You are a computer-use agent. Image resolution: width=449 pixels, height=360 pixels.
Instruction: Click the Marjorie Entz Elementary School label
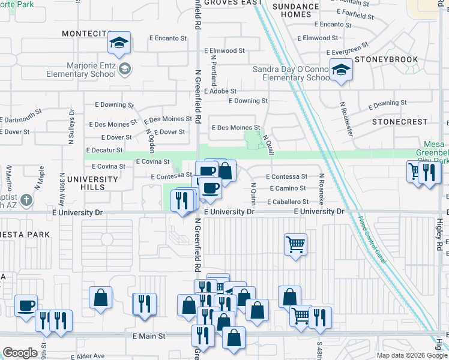pyautogui.click(x=82, y=70)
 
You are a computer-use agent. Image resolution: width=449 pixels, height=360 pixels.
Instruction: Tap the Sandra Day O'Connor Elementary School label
pyautogui.click(x=291, y=73)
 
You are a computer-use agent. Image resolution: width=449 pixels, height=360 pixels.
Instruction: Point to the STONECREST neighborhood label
pyautogui.click(x=399, y=121)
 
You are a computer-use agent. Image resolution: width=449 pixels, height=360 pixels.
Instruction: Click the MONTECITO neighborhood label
pyautogui.click(x=87, y=34)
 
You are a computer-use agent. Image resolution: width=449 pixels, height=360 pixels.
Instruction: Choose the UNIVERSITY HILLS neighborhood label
pyautogui.click(x=92, y=183)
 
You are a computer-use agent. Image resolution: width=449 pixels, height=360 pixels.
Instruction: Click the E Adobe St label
pyautogui.click(x=220, y=91)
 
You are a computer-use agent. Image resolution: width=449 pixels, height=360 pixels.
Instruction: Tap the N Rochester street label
pyautogui.click(x=346, y=119)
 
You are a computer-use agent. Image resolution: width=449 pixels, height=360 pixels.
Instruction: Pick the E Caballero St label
pyautogui.click(x=289, y=202)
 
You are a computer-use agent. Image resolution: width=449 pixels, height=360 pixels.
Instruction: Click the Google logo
pyautogui.click(x=20, y=353)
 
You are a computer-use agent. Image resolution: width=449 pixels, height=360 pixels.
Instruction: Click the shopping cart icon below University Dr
pyautogui.click(x=295, y=245)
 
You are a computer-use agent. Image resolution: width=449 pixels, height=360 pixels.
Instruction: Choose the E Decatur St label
pyautogui.click(x=104, y=150)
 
